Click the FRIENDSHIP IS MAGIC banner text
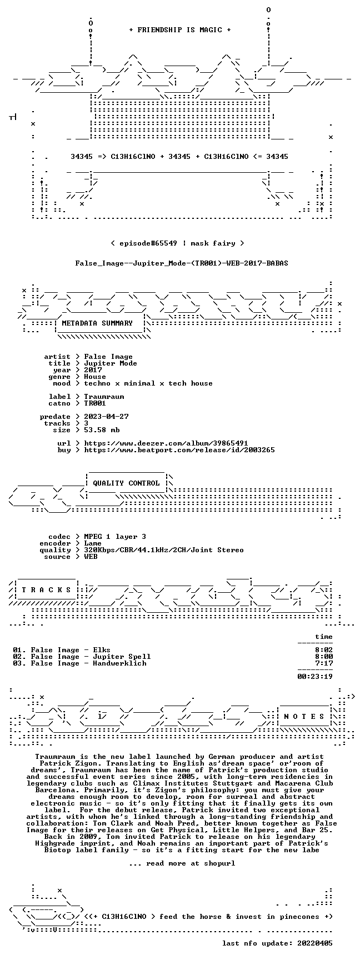[180, 30]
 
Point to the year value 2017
[93, 370]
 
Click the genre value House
[95, 377]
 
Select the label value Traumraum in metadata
[104, 397]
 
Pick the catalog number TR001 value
[95, 403]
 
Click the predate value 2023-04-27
[106, 417]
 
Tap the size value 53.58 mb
[102, 430]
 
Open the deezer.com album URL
[166, 443]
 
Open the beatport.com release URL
[179, 450]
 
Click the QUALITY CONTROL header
[126, 483]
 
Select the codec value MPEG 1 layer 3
[115, 537]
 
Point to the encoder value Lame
[93, 543]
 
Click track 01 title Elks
[102, 650]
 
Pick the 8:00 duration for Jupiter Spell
[324, 657]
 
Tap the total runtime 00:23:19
[315, 677]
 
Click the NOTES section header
[304, 717]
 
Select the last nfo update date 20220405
[315, 943]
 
